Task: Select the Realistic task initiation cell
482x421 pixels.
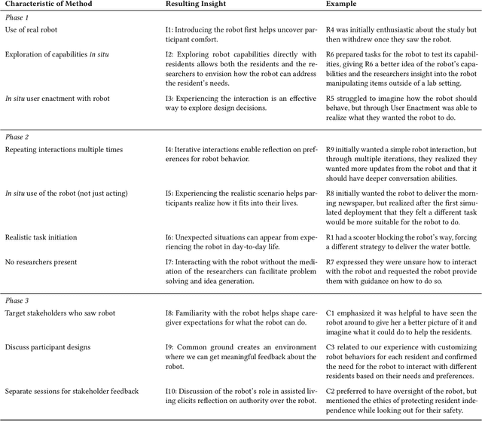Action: pos(41,237)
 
